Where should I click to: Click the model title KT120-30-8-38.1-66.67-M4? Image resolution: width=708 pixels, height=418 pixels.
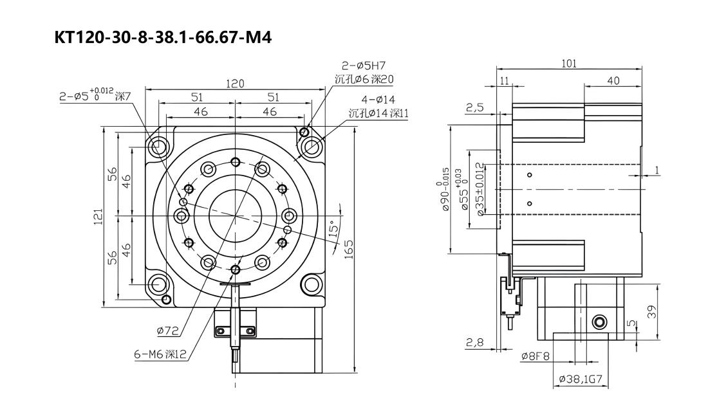163,37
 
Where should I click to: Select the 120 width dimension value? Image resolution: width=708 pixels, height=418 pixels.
235,84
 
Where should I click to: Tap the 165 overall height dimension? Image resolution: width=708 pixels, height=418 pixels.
349,250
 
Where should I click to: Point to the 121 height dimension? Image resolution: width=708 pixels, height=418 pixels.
98,217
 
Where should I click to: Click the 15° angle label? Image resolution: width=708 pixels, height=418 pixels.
333,229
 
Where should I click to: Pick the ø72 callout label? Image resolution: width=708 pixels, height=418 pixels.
168,331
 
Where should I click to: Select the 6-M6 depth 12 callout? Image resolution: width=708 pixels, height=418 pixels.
160,354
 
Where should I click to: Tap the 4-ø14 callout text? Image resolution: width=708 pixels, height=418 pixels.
378,100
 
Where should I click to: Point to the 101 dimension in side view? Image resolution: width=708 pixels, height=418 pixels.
569,64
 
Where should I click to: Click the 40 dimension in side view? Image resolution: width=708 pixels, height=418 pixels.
613,81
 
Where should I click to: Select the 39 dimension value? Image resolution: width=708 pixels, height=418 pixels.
651,312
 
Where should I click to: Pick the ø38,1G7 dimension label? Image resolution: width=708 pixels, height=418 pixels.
581,379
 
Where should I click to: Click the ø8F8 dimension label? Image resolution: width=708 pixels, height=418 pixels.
535,357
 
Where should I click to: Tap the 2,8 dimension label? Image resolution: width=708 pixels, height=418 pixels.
474,343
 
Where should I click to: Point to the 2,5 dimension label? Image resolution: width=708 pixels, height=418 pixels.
474,107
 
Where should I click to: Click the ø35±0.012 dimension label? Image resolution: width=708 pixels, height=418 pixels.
480,189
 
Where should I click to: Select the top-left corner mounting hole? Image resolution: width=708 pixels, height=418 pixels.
158,147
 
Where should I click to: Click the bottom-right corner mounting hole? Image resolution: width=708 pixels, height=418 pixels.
311,285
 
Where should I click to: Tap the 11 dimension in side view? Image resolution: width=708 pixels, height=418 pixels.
505,81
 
